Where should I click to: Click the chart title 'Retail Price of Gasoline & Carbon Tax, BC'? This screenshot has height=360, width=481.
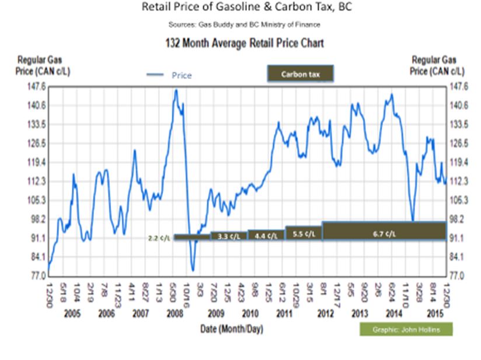(239, 8)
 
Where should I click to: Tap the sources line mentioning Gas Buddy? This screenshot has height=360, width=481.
(240, 25)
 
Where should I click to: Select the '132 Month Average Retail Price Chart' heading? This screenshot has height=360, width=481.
(240, 43)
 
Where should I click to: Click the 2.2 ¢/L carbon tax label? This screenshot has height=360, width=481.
(159, 237)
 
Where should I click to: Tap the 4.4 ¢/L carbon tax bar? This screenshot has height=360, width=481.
(266, 235)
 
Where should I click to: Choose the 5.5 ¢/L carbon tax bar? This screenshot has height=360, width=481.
(303, 233)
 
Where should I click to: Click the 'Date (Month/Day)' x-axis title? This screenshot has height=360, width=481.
(232, 329)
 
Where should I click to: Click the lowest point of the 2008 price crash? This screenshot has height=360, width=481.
(193, 271)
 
